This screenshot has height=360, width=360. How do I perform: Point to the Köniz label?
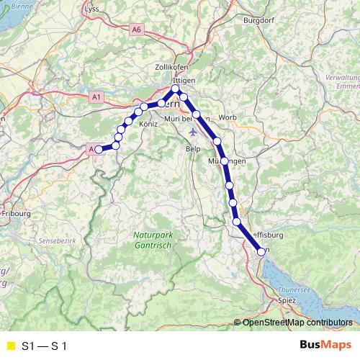(148, 124)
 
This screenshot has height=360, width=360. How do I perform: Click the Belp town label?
(193, 148)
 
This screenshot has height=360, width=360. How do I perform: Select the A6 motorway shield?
(138, 30)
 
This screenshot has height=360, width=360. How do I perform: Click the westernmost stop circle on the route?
(99, 149)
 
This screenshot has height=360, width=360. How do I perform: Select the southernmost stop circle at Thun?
(261, 251)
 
